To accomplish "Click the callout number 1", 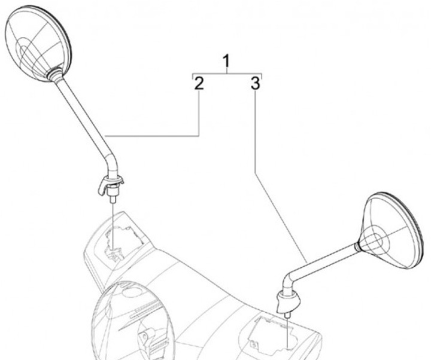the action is [x=226, y=61].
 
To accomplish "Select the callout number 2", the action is [x=199, y=83].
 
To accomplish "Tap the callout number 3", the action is [x=255, y=83].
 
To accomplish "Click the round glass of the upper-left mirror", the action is [x=38, y=44].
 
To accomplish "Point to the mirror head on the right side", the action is [x=391, y=231].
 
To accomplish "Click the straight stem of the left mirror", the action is [x=83, y=115].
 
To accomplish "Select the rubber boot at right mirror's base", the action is [x=287, y=301].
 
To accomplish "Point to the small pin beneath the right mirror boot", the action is [x=287, y=315].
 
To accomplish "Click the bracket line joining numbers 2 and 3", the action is [x=227, y=74].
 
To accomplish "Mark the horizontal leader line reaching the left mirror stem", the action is [x=152, y=136].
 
